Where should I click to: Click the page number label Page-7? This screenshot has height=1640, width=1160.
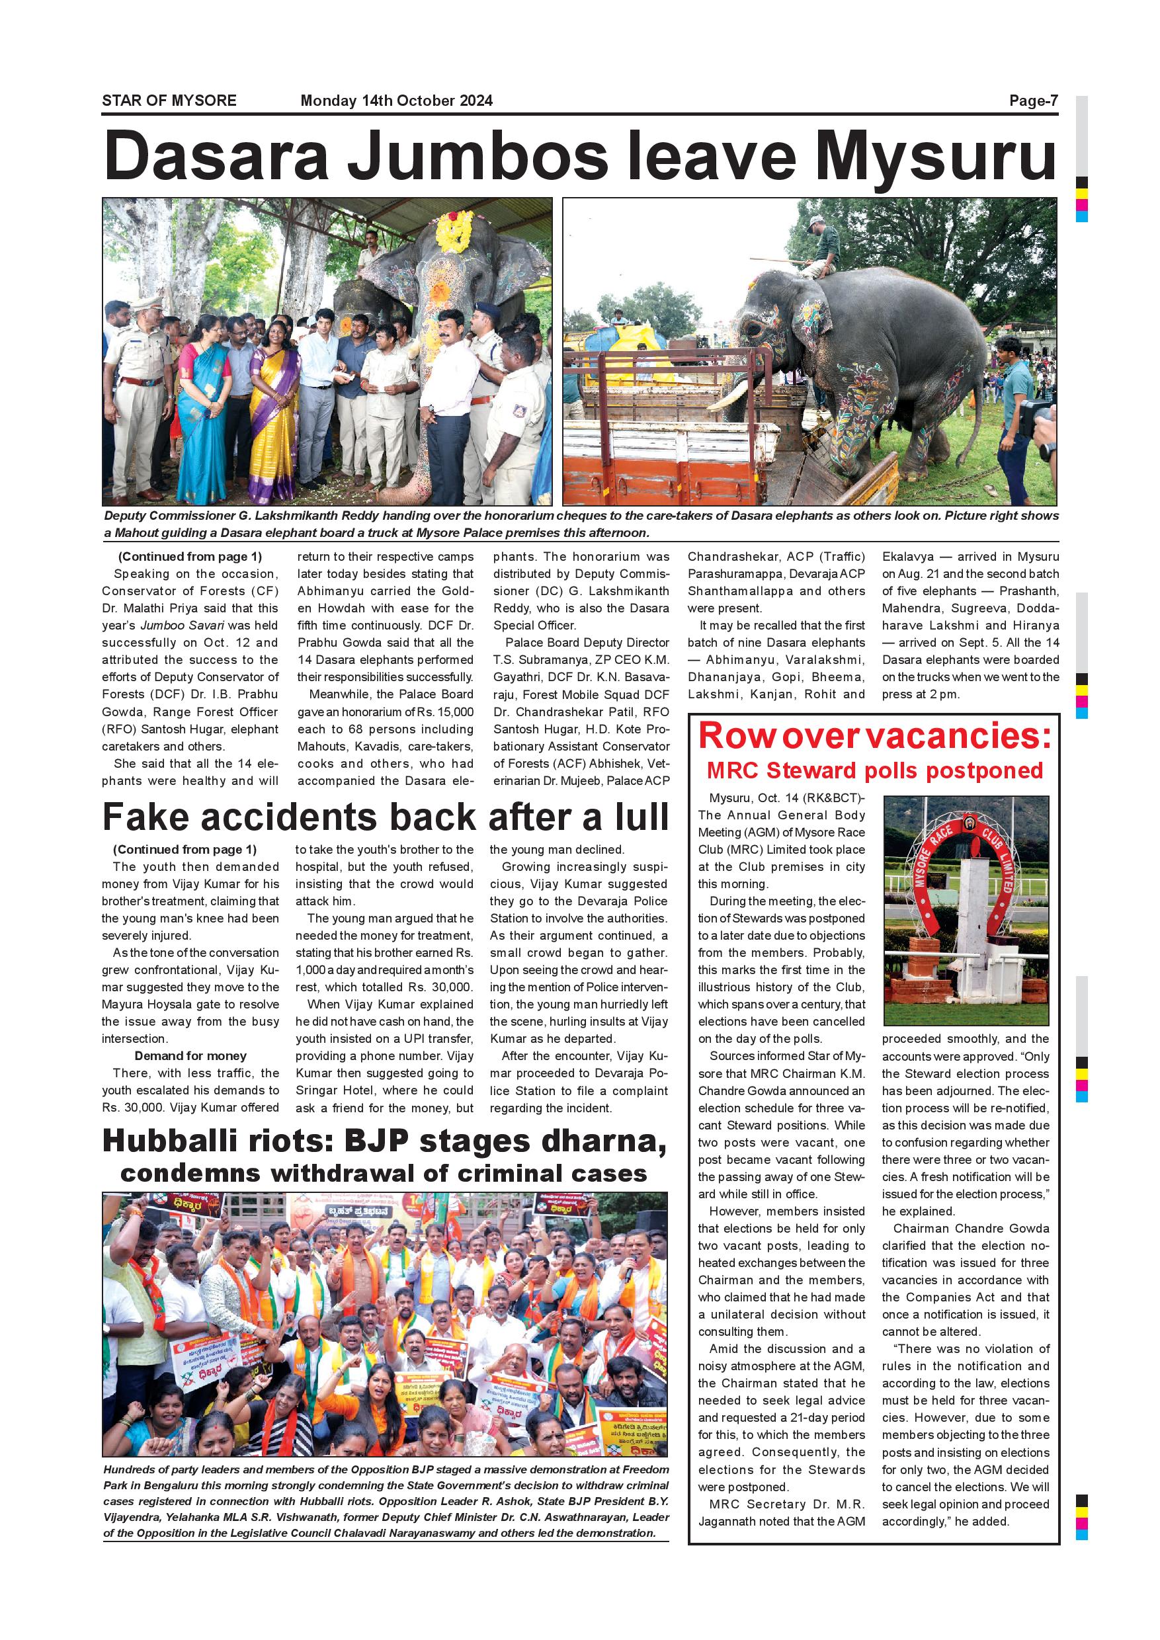click(x=1033, y=101)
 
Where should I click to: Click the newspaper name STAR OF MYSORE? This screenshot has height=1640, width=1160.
click(x=169, y=101)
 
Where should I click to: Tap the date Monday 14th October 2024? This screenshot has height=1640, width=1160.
click(x=396, y=101)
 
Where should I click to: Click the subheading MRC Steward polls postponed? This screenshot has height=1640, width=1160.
click(x=874, y=770)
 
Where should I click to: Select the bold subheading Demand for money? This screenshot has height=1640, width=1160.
click(x=190, y=1055)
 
